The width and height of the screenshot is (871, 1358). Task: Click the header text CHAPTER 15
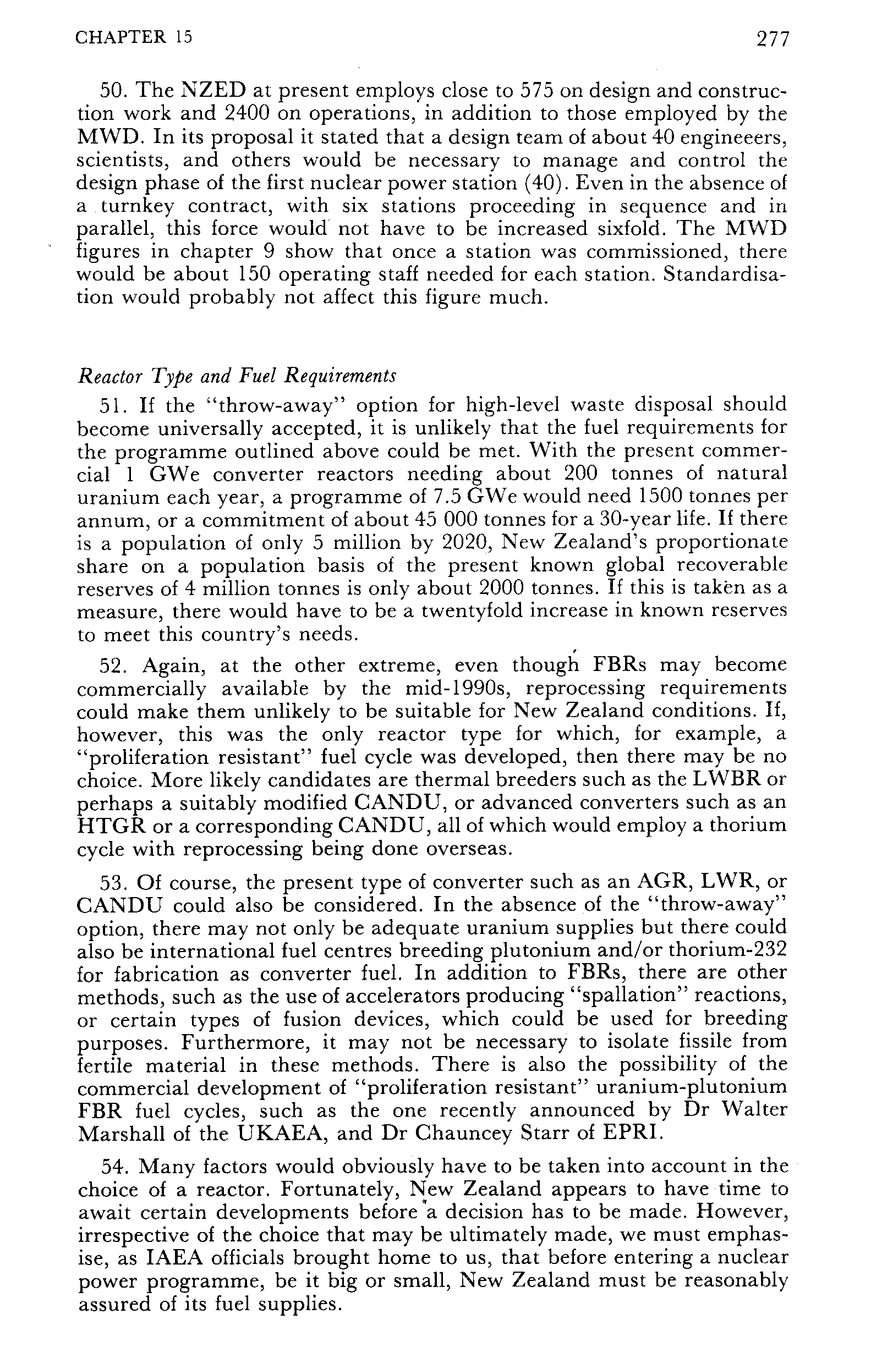134,37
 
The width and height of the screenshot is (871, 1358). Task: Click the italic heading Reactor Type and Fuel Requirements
237,376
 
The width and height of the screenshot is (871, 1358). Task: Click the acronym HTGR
109,826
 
